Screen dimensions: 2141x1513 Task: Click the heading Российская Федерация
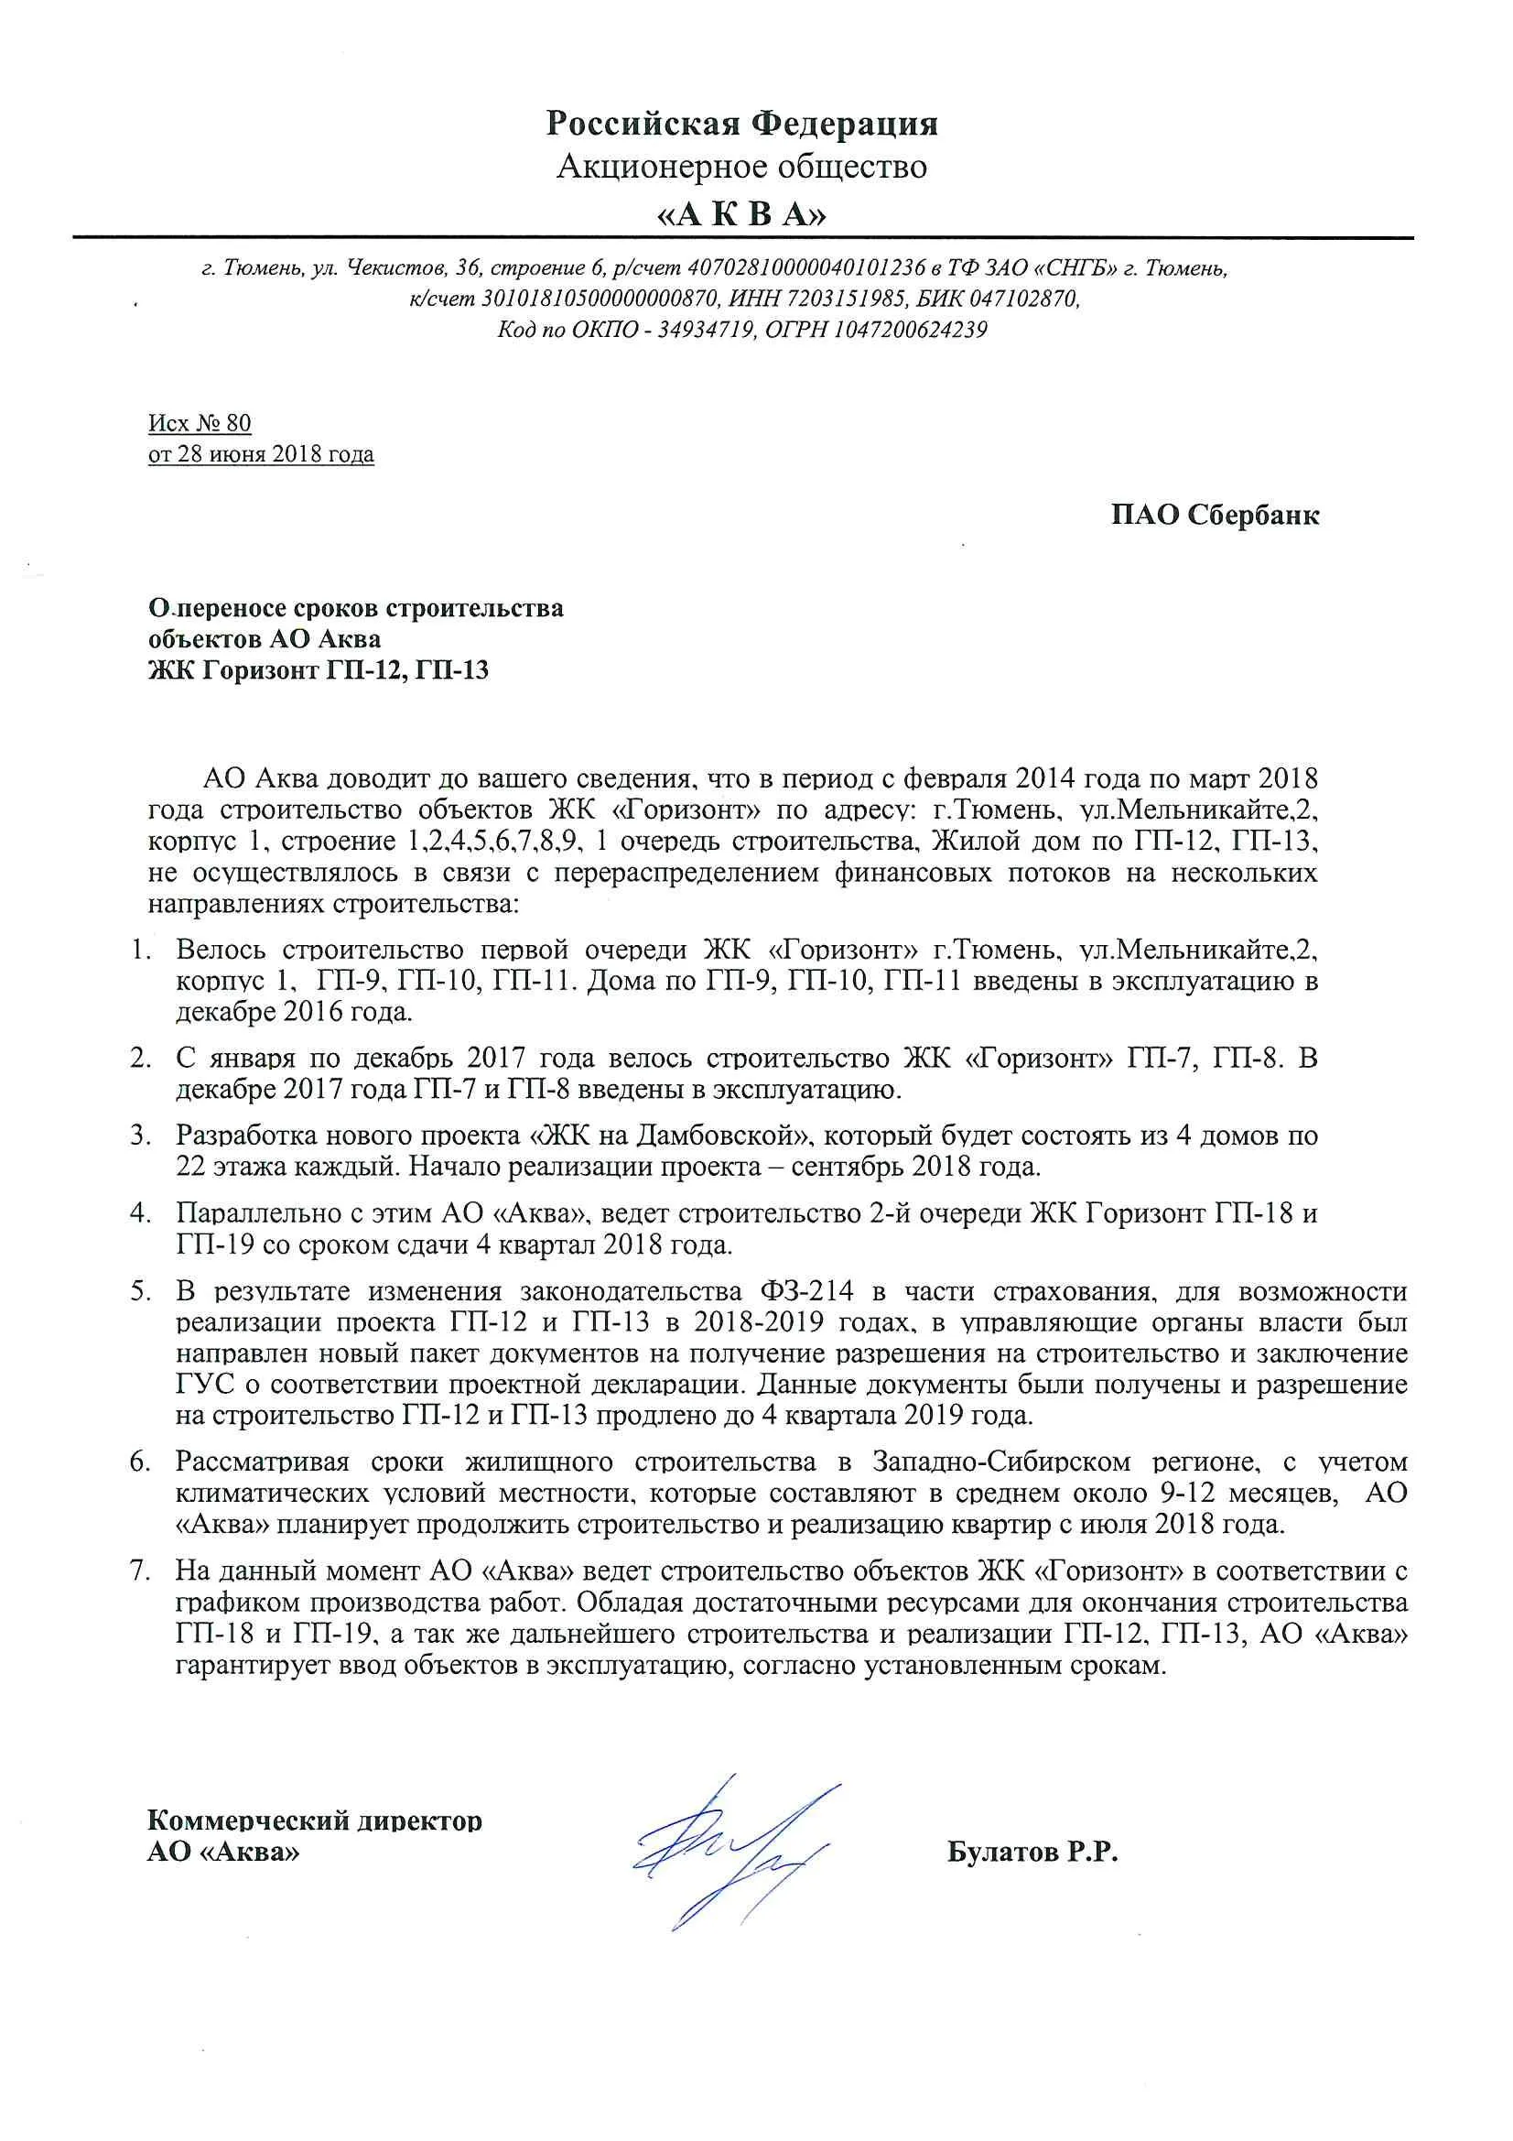[x=742, y=124]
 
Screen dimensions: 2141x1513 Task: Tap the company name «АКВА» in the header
[x=742, y=215]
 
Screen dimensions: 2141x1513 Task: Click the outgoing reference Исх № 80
[x=200, y=423]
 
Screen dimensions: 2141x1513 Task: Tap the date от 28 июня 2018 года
[x=261, y=455]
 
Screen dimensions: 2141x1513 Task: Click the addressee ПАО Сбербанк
[x=1215, y=516]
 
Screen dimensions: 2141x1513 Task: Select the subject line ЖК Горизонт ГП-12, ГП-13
[x=319, y=670]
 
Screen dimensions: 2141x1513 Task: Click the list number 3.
[x=141, y=1136]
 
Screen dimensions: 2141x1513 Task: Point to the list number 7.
[x=141, y=1571]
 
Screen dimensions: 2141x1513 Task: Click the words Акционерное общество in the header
[x=742, y=168]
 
